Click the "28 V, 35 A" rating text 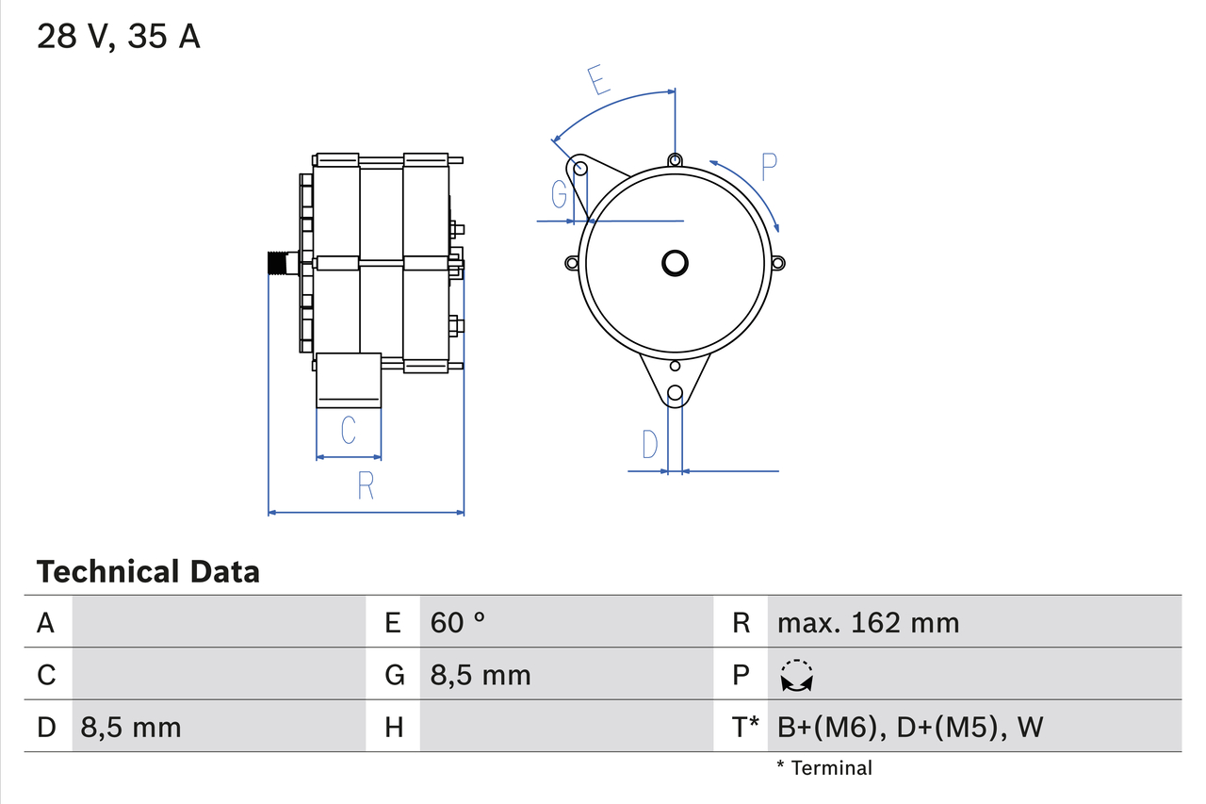pyautogui.click(x=119, y=37)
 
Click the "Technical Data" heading pyautogui.click(x=148, y=571)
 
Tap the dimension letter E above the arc pyautogui.click(x=598, y=81)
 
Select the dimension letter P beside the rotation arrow pyautogui.click(x=769, y=167)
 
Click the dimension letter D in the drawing pyautogui.click(x=650, y=444)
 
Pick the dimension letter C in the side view pyautogui.click(x=348, y=431)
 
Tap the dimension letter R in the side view pyautogui.click(x=366, y=485)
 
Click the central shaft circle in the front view pyautogui.click(x=675, y=263)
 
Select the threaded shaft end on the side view pyautogui.click(x=278, y=263)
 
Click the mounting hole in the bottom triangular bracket pyautogui.click(x=675, y=394)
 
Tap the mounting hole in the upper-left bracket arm pyautogui.click(x=581, y=169)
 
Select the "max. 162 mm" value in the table pyautogui.click(x=868, y=622)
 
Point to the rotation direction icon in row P pyautogui.click(x=797, y=675)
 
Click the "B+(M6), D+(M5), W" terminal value pyautogui.click(x=910, y=727)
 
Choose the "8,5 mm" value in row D pyautogui.click(x=131, y=727)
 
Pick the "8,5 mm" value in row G pyautogui.click(x=481, y=675)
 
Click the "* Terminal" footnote pyautogui.click(x=824, y=768)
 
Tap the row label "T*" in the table pyautogui.click(x=745, y=727)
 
